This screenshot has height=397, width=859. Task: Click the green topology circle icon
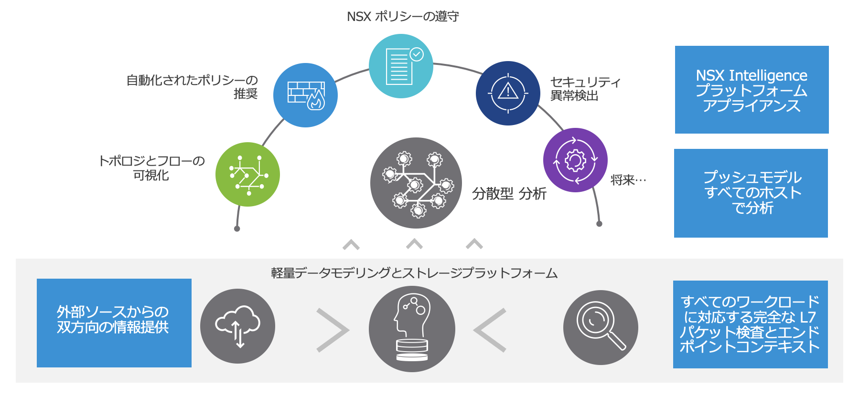click(x=247, y=175)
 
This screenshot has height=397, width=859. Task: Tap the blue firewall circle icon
click(x=305, y=95)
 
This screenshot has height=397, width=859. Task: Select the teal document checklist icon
click(x=401, y=66)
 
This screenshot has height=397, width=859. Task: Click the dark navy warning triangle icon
click(x=508, y=94)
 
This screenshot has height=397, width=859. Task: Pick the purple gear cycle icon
click(x=575, y=160)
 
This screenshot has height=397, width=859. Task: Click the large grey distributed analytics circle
click(x=416, y=183)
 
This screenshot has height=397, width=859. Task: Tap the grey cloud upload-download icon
click(x=237, y=326)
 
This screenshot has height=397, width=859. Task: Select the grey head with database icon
click(x=412, y=329)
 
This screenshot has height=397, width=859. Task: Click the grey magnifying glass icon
click(x=601, y=328)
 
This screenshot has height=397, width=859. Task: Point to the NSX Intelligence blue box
click(x=752, y=90)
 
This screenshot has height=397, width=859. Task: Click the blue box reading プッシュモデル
click(x=751, y=193)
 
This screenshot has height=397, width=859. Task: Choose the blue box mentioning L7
click(x=750, y=324)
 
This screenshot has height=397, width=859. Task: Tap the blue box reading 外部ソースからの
click(x=114, y=323)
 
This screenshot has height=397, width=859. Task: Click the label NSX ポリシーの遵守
click(x=403, y=17)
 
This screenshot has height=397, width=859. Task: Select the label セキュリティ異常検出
click(x=585, y=89)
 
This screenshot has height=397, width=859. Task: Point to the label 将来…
click(x=628, y=180)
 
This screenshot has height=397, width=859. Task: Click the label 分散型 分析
click(x=509, y=194)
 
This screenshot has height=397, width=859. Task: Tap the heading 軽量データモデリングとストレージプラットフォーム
click(x=414, y=273)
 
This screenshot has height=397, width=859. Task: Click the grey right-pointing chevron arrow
click(x=333, y=330)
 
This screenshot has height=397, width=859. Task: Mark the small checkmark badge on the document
click(x=417, y=54)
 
